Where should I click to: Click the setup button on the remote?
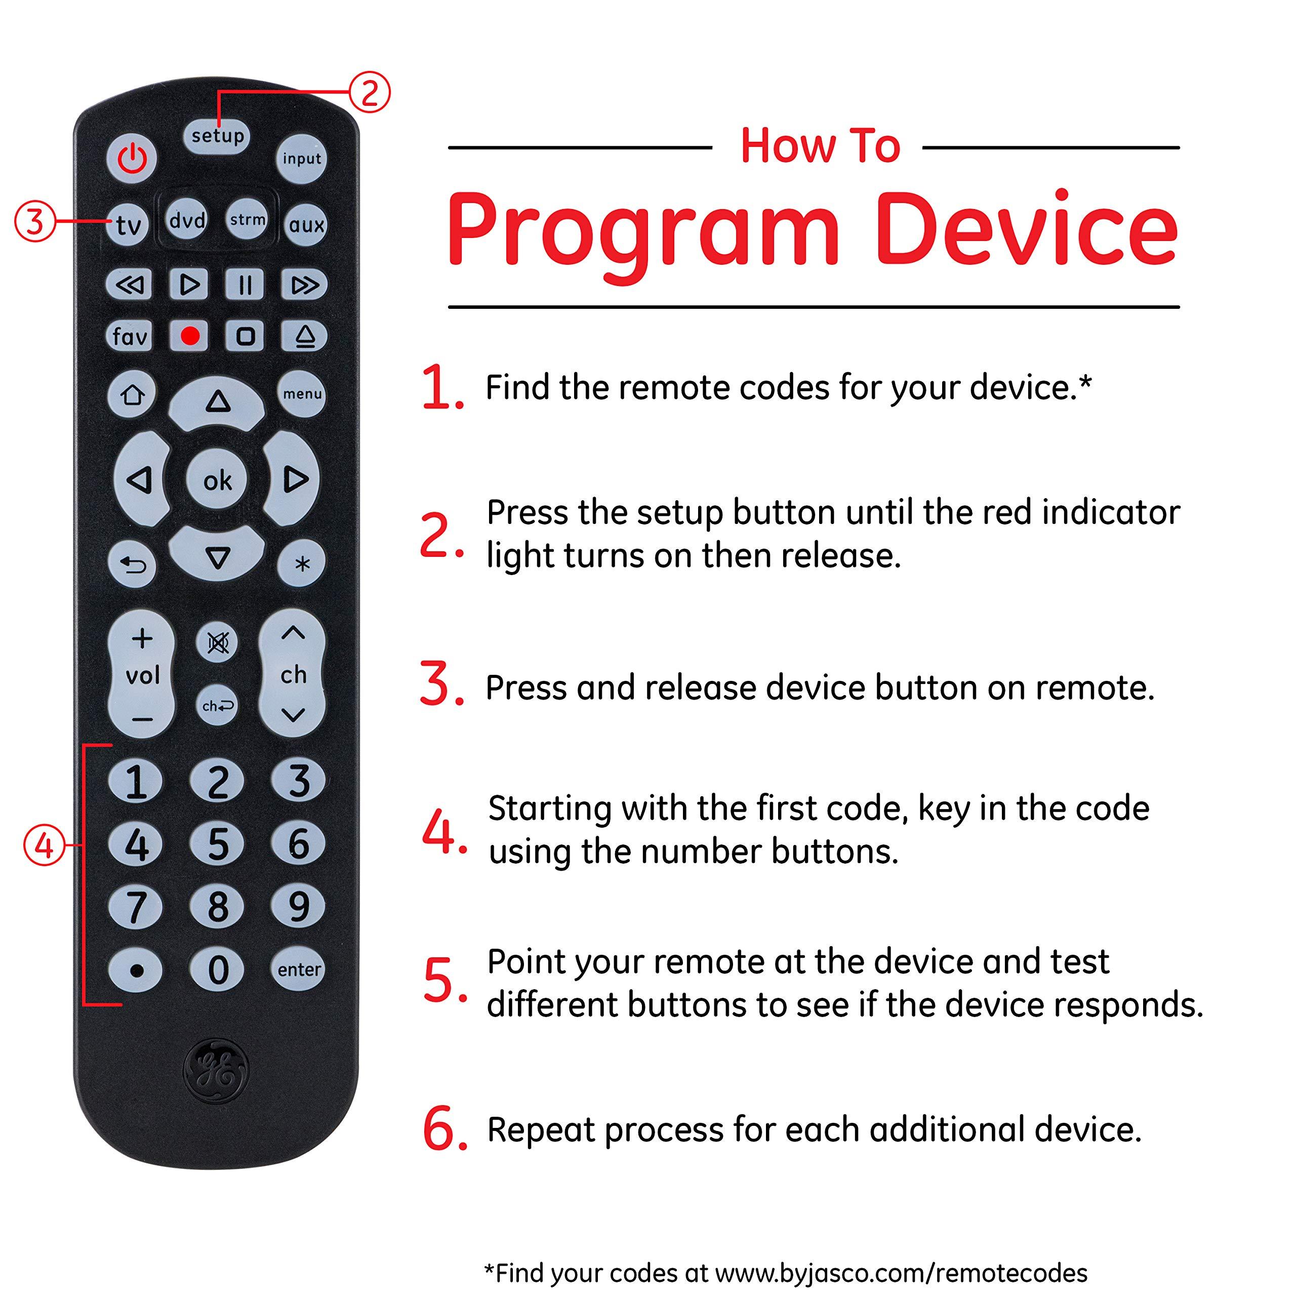217,136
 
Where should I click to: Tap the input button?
301,159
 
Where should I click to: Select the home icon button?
132,394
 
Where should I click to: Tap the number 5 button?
217,844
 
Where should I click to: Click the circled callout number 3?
34,221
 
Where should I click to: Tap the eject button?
305,336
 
